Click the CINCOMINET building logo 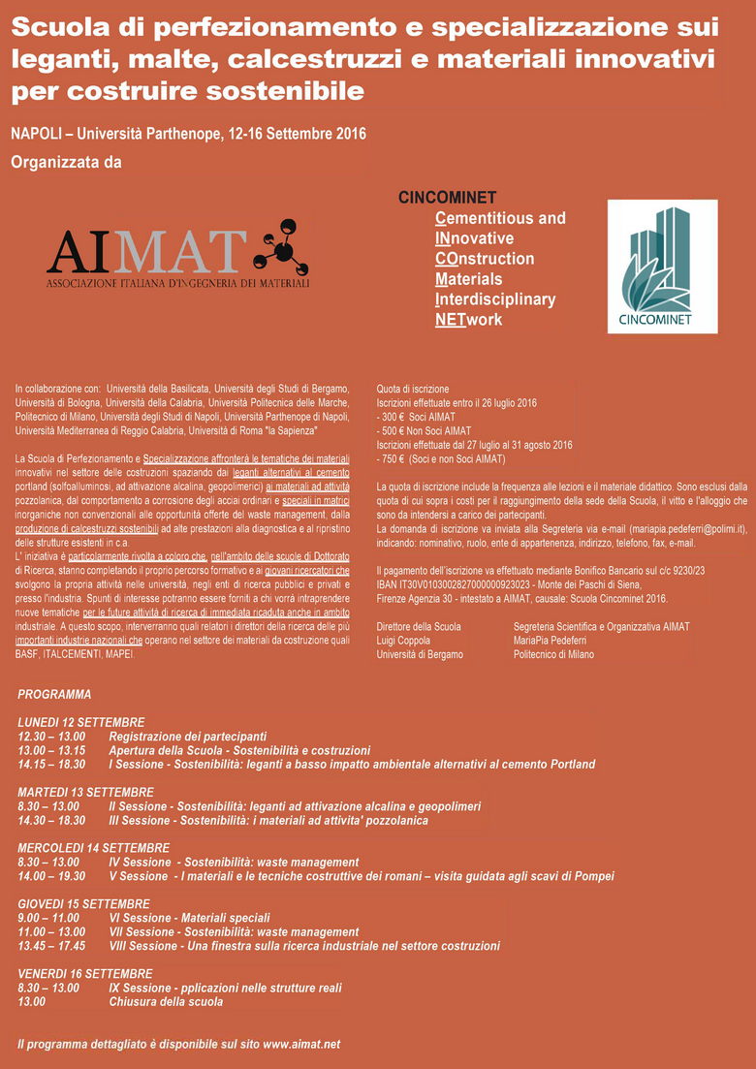click(x=662, y=266)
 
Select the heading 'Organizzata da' click(x=66, y=162)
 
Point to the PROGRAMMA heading click(x=54, y=694)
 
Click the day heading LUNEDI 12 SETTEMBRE click(x=80, y=722)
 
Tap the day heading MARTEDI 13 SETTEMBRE click(x=85, y=792)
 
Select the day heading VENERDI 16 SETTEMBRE click(x=85, y=973)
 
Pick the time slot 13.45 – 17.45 click(x=50, y=946)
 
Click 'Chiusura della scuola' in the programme click(x=166, y=1001)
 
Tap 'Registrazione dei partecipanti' click(x=187, y=737)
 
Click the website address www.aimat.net click(x=301, y=1044)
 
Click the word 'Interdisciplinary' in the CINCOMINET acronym click(x=495, y=299)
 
